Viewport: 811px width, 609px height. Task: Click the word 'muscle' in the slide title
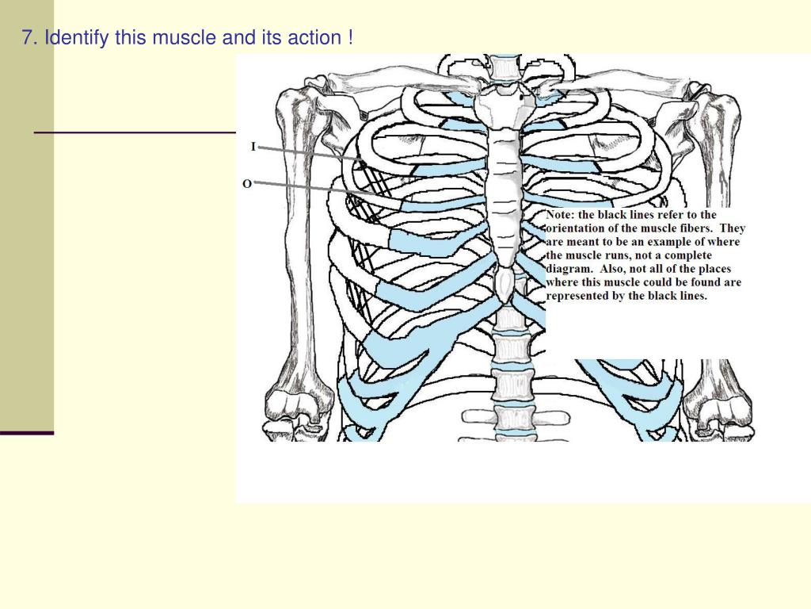click(x=180, y=37)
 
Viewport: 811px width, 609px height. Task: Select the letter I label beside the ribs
click(x=253, y=146)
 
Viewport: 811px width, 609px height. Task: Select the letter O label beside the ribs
click(x=247, y=183)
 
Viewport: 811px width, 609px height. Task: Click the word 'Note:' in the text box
click(x=563, y=214)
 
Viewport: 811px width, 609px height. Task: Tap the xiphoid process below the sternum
click(x=504, y=283)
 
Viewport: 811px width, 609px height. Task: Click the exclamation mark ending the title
click(x=349, y=37)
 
